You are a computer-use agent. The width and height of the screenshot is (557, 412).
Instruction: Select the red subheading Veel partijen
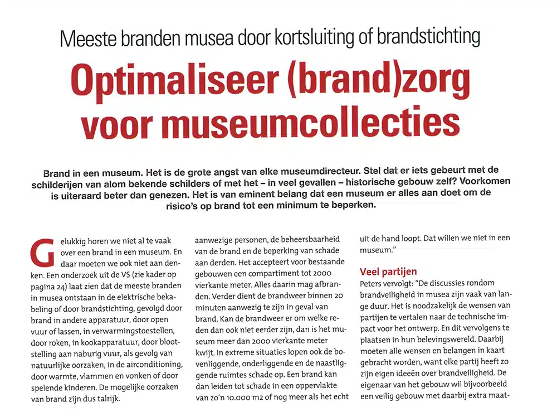click(388, 272)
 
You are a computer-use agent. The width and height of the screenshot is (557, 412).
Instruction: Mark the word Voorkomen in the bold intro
click(483, 182)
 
